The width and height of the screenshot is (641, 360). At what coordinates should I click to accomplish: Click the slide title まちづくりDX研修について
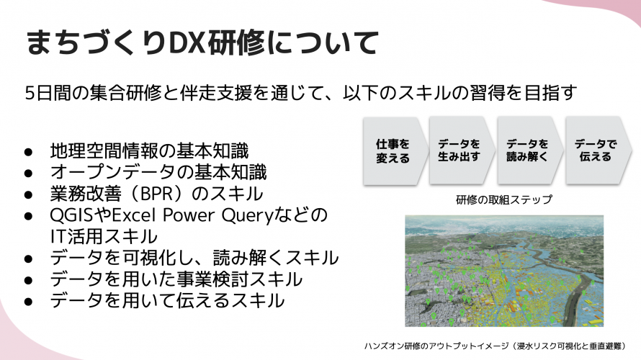[x=201, y=42]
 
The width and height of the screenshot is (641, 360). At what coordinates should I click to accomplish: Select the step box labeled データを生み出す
[x=459, y=150]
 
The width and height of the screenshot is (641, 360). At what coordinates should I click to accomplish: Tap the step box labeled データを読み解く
[x=526, y=150]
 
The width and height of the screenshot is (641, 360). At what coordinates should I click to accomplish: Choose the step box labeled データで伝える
[x=593, y=150]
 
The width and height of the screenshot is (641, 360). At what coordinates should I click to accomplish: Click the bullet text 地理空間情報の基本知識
[x=149, y=151]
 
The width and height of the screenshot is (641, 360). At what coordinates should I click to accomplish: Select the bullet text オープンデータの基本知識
[x=158, y=173]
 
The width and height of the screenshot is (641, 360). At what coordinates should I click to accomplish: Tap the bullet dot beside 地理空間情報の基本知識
[x=29, y=152]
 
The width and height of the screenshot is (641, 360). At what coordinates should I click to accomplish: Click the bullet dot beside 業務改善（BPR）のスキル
[x=29, y=195]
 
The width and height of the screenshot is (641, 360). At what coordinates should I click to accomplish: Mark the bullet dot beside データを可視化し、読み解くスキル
[x=29, y=258]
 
